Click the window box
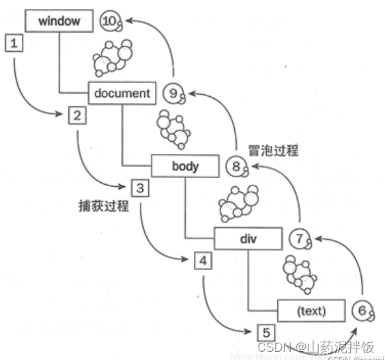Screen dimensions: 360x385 tap(59, 21)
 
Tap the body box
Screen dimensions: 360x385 tap(185, 165)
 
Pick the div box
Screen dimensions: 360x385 tap(248, 239)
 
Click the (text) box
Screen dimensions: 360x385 tap(311, 311)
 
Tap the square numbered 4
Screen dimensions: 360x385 tap(203, 260)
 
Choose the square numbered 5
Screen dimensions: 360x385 tap(266, 333)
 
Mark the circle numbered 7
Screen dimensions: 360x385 tap(299, 239)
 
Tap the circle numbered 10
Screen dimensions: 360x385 tap(110, 21)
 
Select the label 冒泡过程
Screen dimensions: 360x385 tap(274, 150)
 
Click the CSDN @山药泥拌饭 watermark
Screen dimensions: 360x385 tap(315, 346)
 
